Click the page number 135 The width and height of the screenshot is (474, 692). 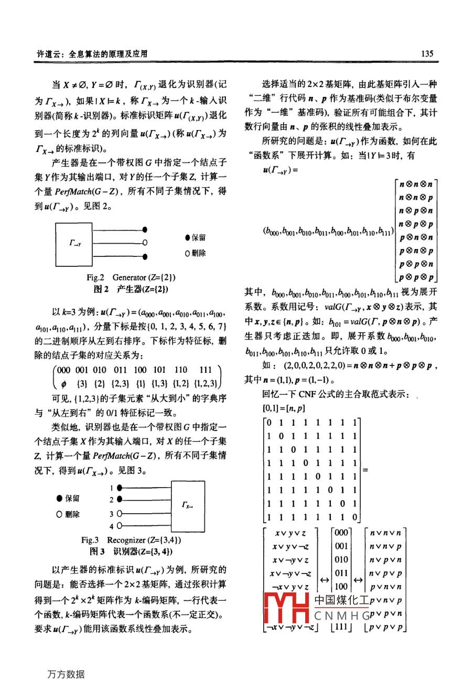click(427, 53)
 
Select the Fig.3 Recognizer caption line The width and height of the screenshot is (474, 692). click(131, 539)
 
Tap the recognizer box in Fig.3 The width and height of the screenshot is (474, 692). click(187, 505)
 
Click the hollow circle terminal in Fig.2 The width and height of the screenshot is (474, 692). click(145, 243)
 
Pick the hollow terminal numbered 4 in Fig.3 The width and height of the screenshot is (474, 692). click(120, 526)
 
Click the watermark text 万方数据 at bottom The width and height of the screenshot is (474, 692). click(66, 674)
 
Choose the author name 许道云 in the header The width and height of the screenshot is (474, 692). click(46, 53)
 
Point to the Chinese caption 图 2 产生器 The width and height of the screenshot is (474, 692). click(131, 289)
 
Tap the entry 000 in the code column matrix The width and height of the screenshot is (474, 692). click(341, 533)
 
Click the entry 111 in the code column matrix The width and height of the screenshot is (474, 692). click(341, 627)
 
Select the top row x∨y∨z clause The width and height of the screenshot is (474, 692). click(289, 533)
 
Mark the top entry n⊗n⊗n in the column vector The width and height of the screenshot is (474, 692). click(416, 184)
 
